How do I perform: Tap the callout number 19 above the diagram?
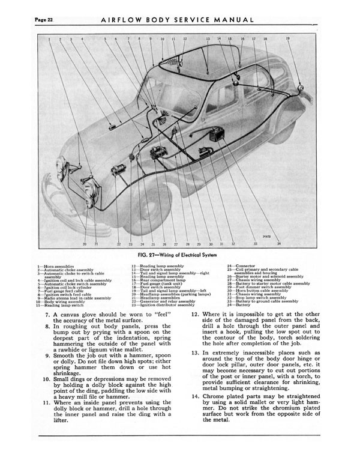[x=288, y=38]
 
